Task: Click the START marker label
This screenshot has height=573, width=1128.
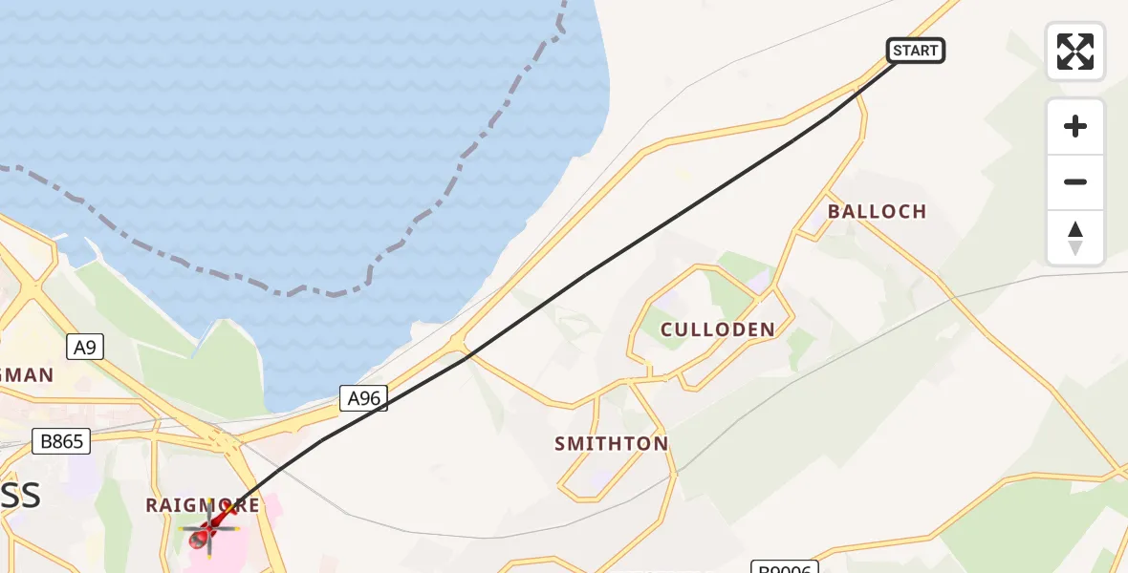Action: pos(916,51)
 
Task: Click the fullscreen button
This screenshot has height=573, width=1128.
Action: pos(1075,52)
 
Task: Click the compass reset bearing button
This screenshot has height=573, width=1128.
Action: pos(1075,238)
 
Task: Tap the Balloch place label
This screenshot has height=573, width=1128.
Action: pos(877,211)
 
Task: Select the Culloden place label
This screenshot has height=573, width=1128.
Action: pos(717,329)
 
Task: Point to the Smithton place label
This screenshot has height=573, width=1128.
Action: pos(611,443)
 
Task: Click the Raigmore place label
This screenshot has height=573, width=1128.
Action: pos(202,504)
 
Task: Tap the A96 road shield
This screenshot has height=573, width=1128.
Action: pos(364,399)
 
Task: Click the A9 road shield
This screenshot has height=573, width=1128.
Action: pos(85,347)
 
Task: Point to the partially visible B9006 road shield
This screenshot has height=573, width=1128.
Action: pos(784,567)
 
